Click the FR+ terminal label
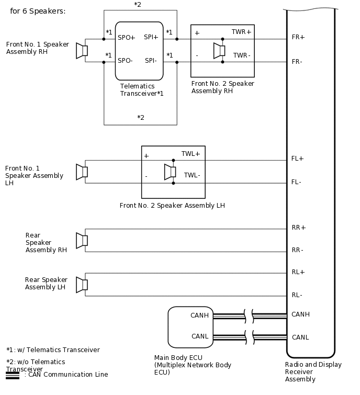coord(298,38)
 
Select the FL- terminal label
coord(297,182)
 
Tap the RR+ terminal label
coord(299,228)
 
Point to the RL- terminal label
coord(297,295)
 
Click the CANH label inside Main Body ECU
coord(199,315)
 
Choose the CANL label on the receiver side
coord(300,337)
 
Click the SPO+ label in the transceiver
coord(127,38)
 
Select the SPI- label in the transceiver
coord(151,61)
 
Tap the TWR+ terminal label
coord(241,32)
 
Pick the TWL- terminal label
coord(192,175)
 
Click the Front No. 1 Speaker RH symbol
coord(82,51)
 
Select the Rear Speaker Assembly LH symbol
coord(82,285)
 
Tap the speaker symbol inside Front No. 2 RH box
coord(219,51)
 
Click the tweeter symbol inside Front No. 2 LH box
coord(170,172)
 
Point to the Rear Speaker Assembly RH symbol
coord(82,240)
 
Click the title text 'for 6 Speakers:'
coord(38,11)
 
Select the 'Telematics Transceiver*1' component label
coord(142,90)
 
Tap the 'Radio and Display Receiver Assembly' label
coord(313,371)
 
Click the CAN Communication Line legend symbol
coord(13,375)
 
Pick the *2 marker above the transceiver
coord(138,5)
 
